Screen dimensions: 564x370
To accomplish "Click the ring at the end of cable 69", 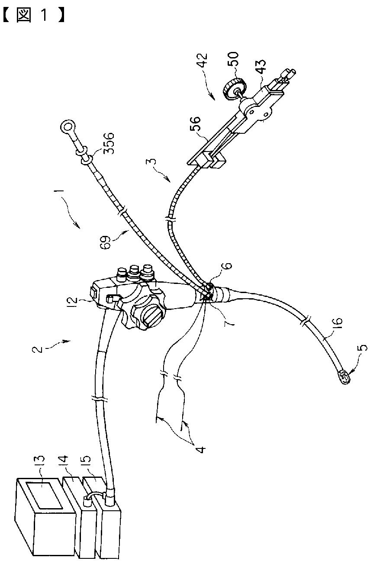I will (x=67, y=127).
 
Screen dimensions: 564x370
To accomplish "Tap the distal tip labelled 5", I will (x=344, y=377).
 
